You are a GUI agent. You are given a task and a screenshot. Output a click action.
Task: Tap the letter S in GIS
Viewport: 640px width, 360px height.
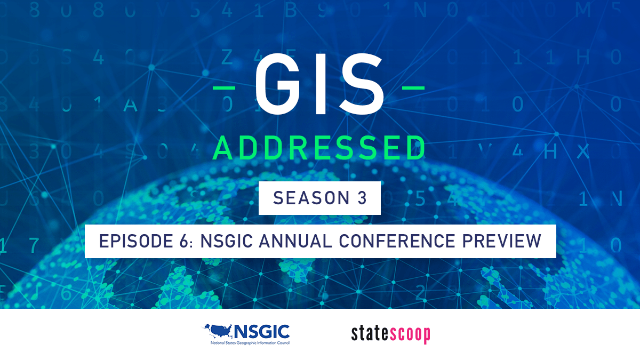[362, 84]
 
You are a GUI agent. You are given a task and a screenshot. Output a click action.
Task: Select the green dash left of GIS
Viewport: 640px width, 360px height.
[224, 87]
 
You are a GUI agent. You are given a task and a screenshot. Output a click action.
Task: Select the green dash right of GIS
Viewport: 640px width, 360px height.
[413, 87]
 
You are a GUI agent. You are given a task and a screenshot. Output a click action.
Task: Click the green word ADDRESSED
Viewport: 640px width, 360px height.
[319, 148]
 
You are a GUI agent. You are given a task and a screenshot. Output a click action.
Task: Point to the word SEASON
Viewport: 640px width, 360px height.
[311, 198]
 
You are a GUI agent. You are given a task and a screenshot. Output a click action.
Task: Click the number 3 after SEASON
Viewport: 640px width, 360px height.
[362, 198]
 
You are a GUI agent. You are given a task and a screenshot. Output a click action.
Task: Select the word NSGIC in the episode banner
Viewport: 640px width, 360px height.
[227, 241]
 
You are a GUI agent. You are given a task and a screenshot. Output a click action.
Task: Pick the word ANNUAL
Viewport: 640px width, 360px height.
[295, 241]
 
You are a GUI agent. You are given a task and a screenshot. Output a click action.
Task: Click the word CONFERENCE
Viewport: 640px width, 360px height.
[397, 241]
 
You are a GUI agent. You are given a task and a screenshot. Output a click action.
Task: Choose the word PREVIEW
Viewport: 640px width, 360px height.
[502, 241]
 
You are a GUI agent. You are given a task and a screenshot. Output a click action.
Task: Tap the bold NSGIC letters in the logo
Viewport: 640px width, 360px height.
[262, 332]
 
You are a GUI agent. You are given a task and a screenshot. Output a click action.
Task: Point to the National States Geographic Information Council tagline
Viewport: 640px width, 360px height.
[250, 343]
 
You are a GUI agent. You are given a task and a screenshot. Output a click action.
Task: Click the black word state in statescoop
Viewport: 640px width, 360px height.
[369, 334]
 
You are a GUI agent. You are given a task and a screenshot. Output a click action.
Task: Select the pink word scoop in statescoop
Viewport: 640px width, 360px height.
[409, 335]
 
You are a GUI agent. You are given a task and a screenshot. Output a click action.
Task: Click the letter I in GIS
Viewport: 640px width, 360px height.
[320, 84]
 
